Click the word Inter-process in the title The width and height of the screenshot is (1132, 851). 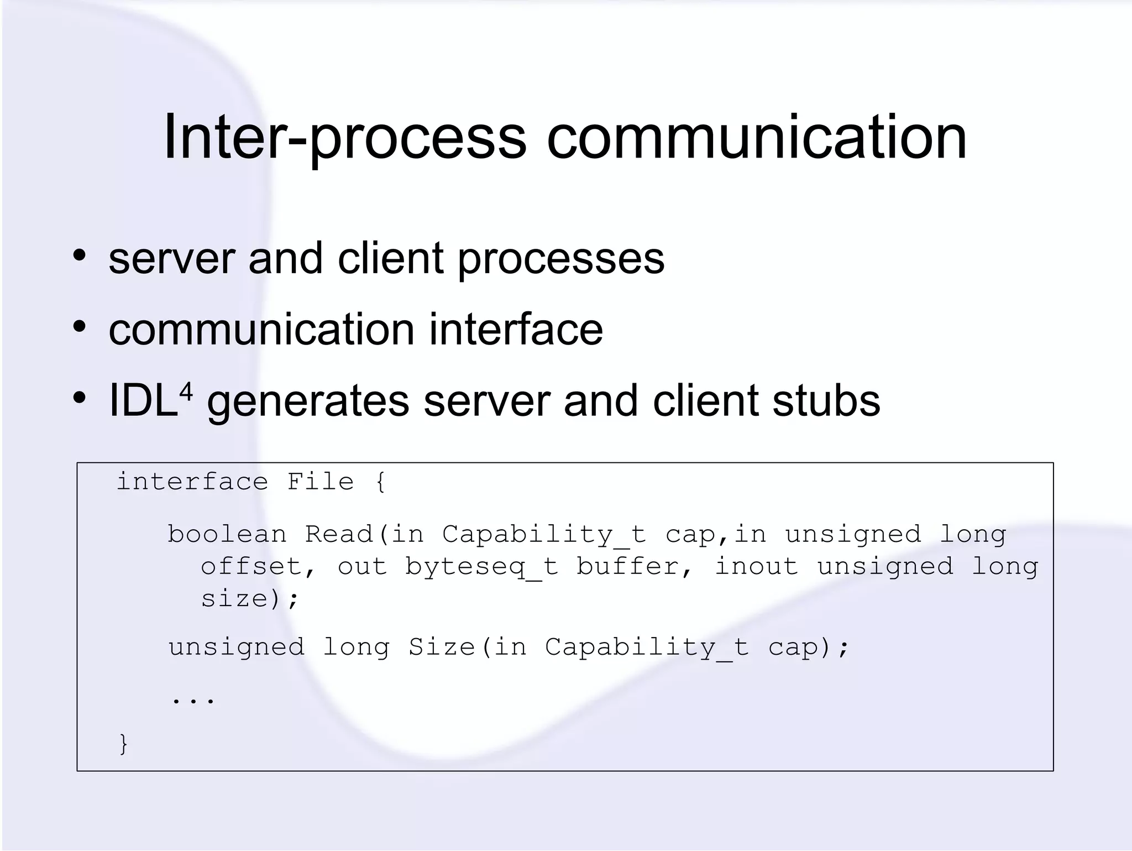(345, 138)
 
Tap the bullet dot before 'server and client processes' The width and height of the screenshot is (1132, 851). (80, 256)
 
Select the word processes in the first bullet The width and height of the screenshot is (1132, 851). (560, 259)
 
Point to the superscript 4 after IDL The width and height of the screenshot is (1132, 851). (186, 392)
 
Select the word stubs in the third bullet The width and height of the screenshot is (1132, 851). (826, 401)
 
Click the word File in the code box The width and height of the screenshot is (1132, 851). (320, 482)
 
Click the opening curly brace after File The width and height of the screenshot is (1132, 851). (380, 482)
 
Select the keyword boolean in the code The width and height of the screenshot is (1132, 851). (227, 534)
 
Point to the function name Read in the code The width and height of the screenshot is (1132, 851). (339, 534)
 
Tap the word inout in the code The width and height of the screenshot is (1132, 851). (757, 566)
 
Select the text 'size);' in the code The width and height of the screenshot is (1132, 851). (249, 599)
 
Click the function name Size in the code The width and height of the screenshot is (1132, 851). (442, 647)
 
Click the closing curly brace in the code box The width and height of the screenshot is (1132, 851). (123, 744)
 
